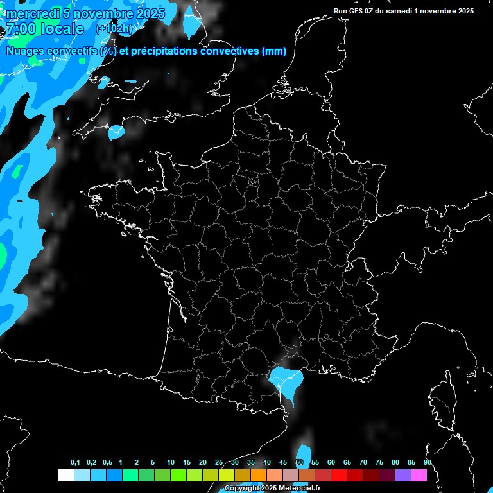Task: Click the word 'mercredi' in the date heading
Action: [32, 13]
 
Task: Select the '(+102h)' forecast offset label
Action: [114, 29]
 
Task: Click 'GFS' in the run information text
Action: [356, 11]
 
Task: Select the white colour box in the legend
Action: [65, 476]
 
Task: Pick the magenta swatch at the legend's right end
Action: [419, 476]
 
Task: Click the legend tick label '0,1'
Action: [75, 463]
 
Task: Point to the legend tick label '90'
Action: [428, 463]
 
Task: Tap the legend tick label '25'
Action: [219, 463]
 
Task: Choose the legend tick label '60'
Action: [331, 463]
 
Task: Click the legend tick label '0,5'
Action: [107, 463]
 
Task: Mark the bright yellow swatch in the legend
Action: [226, 476]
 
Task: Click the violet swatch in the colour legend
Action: [402, 476]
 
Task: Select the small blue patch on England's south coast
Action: [116, 132]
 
